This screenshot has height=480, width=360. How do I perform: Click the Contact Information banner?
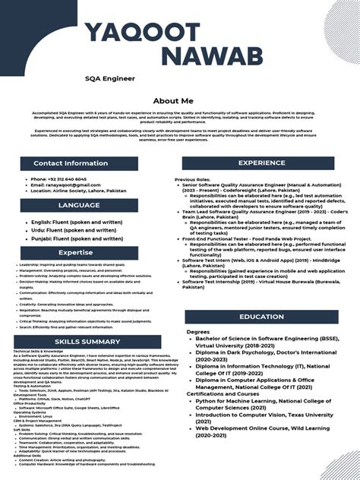(x=71, y=163)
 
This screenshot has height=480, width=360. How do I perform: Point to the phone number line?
(x=58, y=179)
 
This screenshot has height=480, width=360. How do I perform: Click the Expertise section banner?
(x=76, y=252)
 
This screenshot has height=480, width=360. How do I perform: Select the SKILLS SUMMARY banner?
(x=87, y=342)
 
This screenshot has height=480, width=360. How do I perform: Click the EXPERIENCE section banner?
(x=261, y=163)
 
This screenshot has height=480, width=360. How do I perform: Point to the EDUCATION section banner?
(x=261, y=317)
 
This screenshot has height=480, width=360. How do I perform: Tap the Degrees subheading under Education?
(x=197, y=332)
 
